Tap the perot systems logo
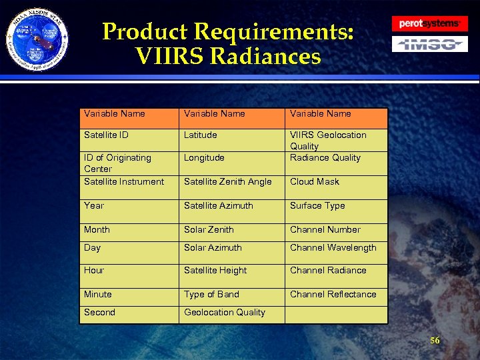pos(429,23)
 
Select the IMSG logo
pos(429,45)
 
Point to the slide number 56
pos(435,341)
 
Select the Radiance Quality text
pos(325,158)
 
